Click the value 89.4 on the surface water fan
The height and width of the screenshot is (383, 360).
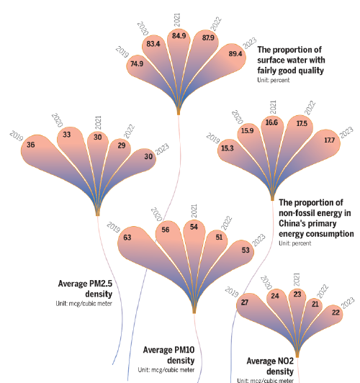coord(235,54)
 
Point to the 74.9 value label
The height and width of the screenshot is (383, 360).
coord(137,64)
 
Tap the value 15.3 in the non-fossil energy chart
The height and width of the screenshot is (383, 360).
coord(228,148)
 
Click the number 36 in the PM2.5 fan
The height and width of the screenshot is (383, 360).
coord(31,145)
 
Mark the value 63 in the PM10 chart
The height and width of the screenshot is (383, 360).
coord(127,238)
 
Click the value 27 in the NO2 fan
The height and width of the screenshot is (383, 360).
coord(245,302)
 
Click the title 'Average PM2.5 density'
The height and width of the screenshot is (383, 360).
coord(85,289)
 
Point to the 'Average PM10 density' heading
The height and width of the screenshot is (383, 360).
coord(168,355)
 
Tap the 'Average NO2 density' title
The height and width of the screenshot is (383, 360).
coord(270,366)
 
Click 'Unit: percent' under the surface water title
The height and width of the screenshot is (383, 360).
coord(274,80)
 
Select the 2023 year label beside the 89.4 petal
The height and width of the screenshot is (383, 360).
coord(250,43)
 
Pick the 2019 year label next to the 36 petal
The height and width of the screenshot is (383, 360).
coord(17,136)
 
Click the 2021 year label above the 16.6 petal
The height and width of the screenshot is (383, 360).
coord(273,107)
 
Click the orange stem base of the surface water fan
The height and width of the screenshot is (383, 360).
coord(179,112)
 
